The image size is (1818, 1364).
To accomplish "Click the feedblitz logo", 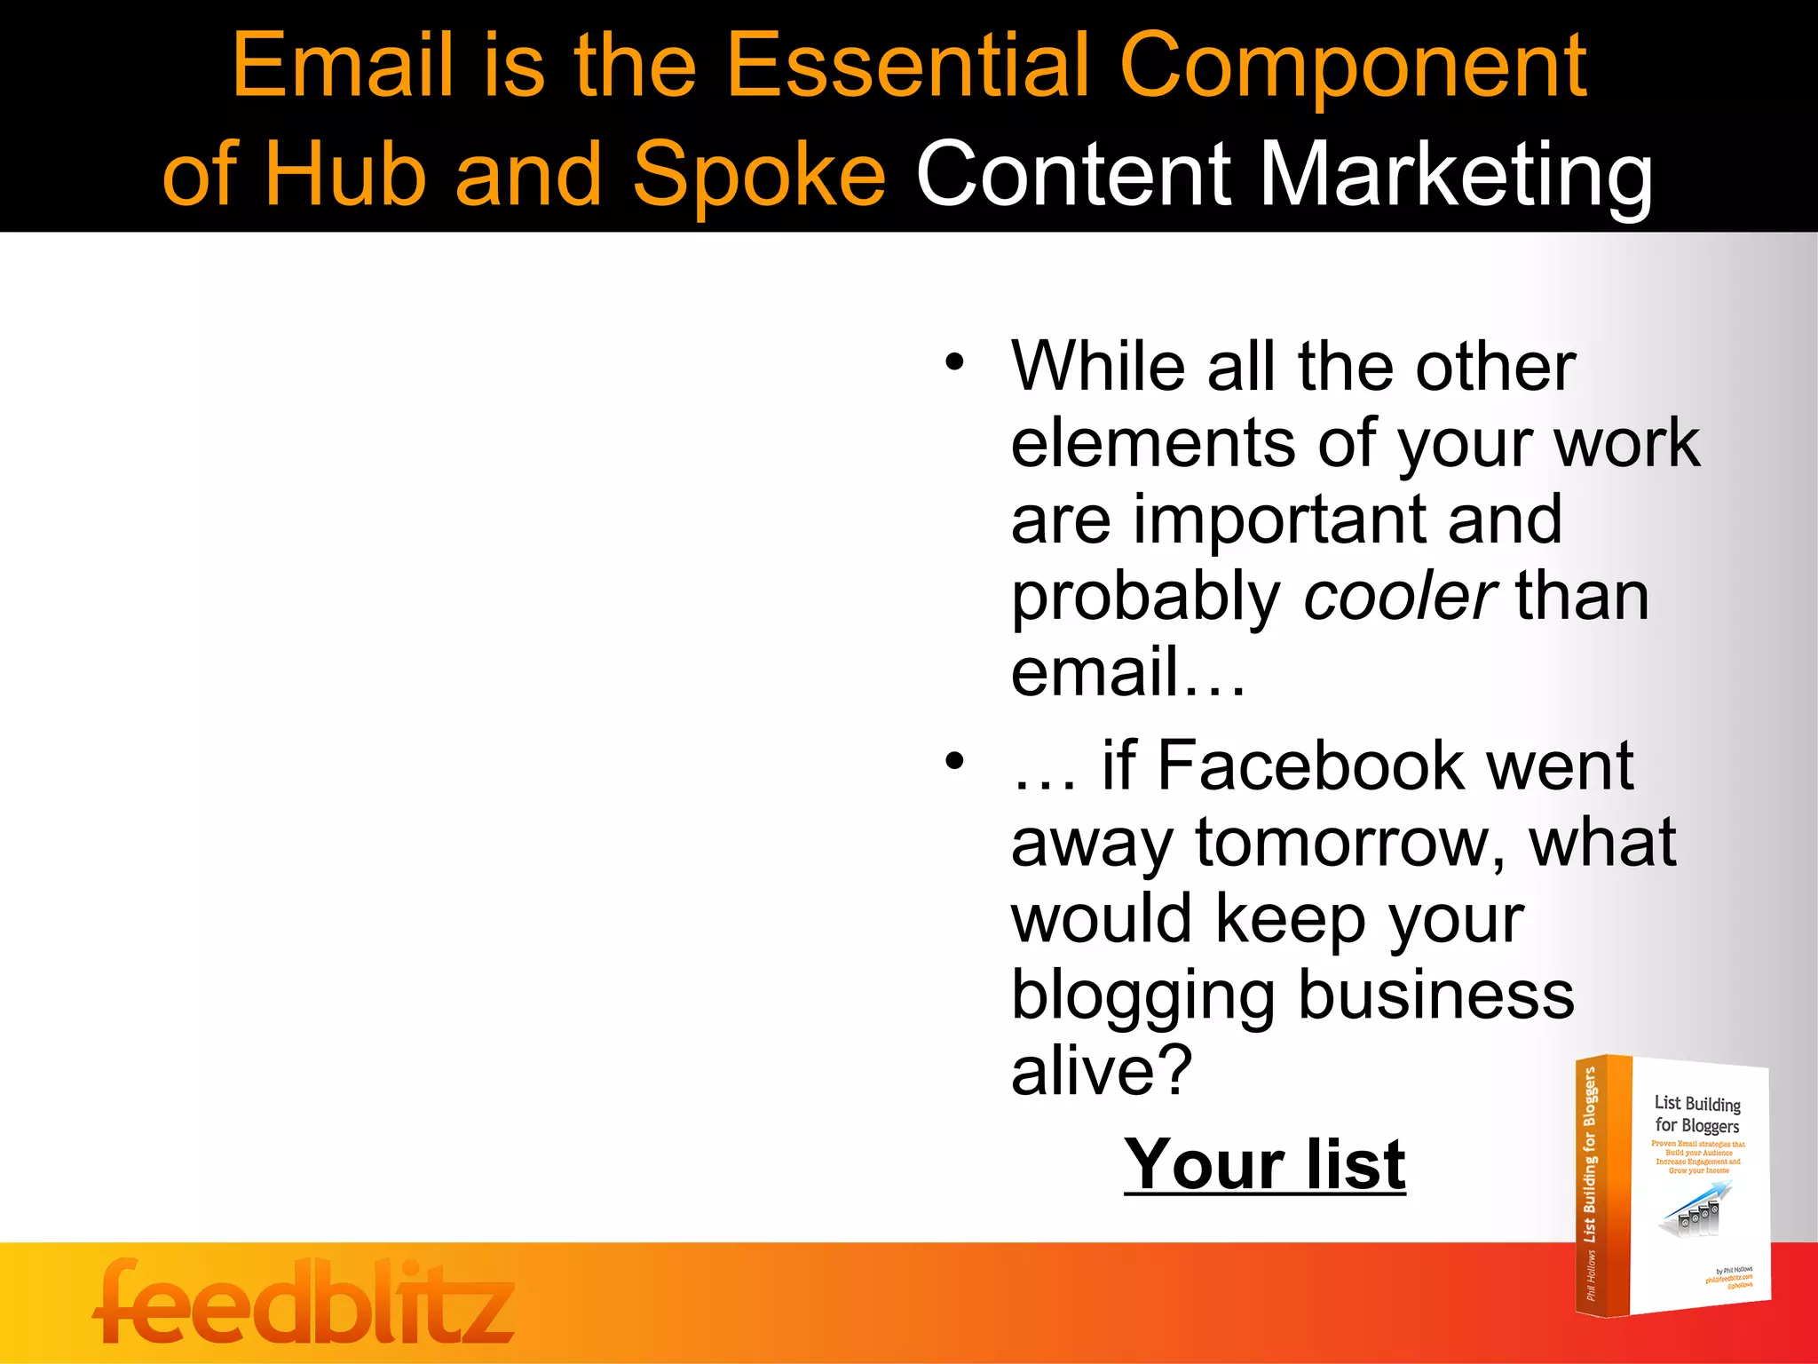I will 303,1302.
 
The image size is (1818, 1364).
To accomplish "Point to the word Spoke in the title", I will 758,175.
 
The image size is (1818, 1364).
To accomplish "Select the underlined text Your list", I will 1264,1164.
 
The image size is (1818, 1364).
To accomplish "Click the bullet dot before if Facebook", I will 954,761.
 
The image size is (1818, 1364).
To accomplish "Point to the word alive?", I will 1101,1071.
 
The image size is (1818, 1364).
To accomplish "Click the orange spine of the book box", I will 1602,1186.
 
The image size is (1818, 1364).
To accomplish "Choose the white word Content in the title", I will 1073,175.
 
